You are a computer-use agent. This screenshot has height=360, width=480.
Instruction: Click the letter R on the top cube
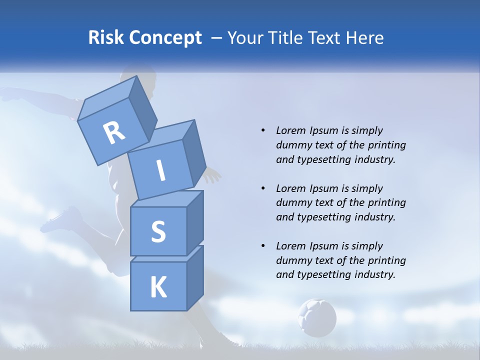coord(114,132)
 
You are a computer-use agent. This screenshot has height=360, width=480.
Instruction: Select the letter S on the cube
coord(158,231)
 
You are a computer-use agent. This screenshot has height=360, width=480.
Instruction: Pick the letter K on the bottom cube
coord(158,287)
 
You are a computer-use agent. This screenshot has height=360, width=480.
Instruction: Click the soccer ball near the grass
coord(317,317)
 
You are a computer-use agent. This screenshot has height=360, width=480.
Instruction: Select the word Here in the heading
coord(365,38)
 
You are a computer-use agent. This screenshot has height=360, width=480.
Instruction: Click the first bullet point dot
coord(263,130)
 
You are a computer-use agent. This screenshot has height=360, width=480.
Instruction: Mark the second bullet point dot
coord(263,188)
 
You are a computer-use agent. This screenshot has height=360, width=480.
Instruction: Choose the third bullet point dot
coord(263,246)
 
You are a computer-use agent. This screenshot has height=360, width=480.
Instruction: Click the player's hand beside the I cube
coord(212,175)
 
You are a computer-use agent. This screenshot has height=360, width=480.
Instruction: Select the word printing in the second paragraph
coord(387,203)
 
